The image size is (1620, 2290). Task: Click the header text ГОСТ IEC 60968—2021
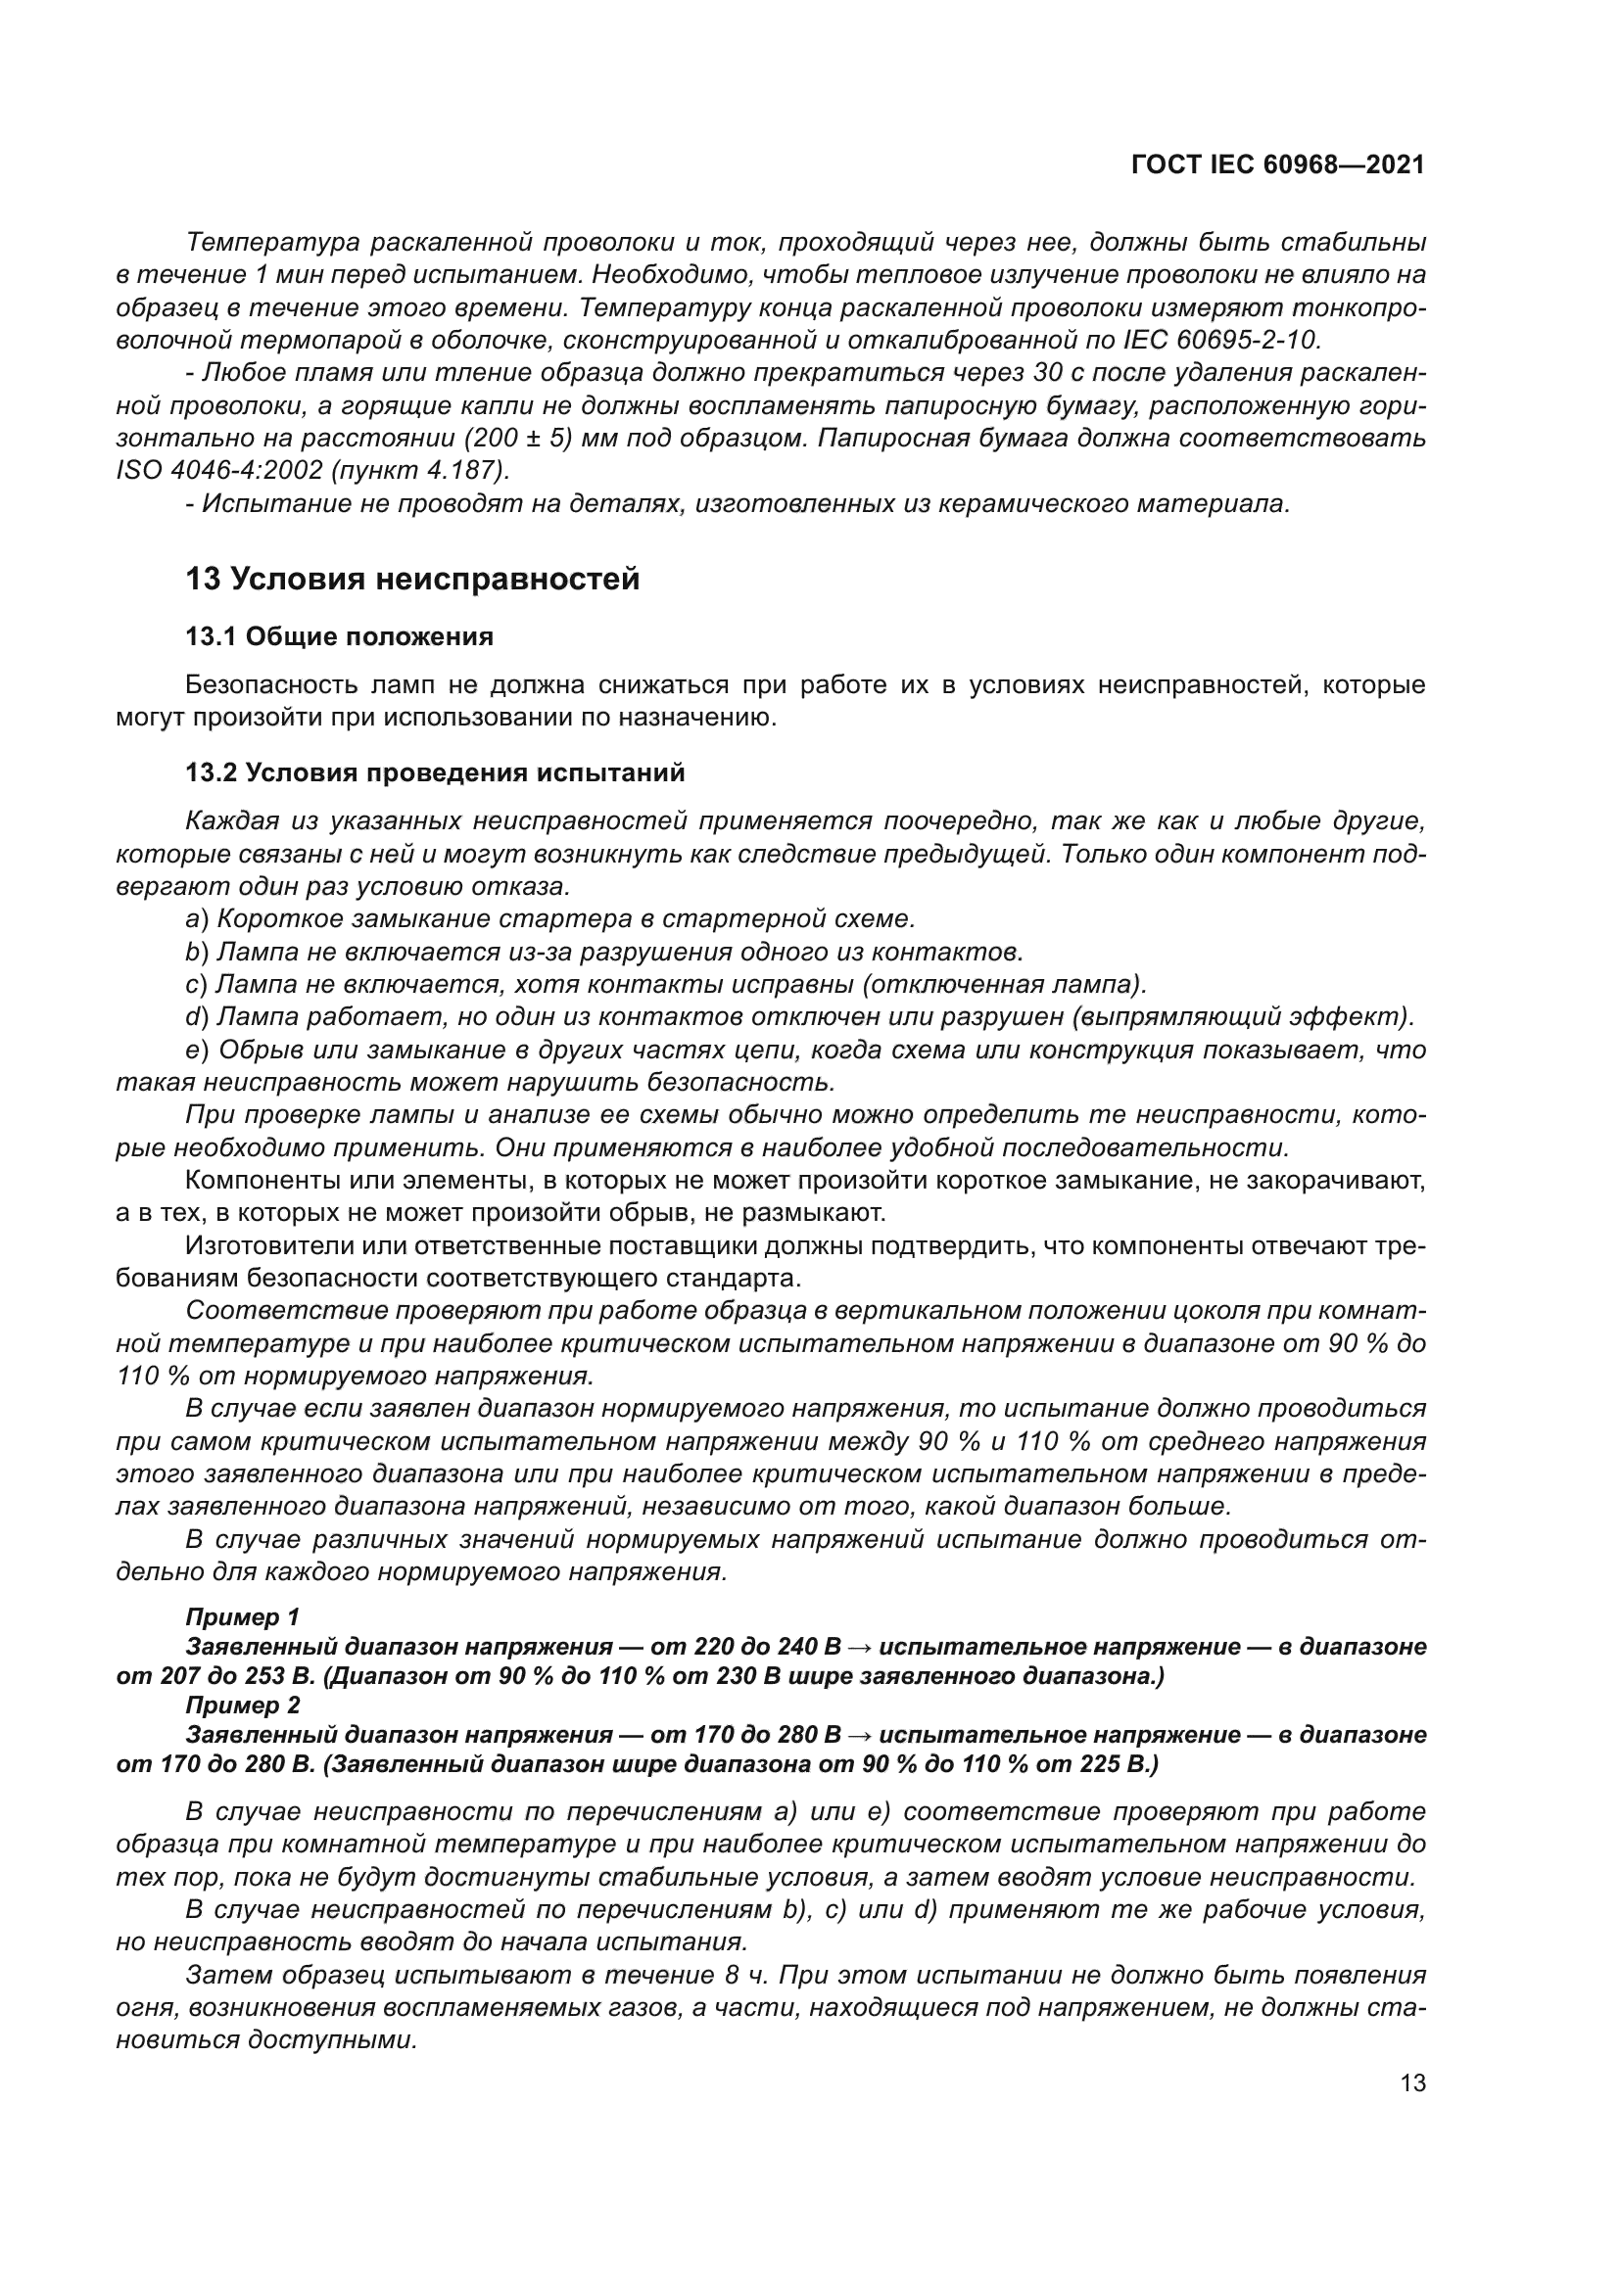coord(1278,165)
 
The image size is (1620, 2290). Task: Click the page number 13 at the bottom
coord(1412,2083)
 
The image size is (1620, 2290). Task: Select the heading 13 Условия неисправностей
coord(412,579)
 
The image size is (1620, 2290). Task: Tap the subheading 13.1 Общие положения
coord(339,636)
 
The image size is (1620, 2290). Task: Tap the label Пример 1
coord(242,1617)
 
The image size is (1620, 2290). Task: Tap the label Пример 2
coord(242,1706)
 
